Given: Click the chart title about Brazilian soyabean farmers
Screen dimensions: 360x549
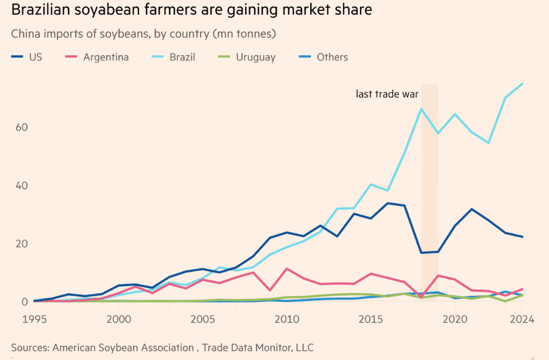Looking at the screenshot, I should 191,11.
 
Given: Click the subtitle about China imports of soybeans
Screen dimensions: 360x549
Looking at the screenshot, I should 143,33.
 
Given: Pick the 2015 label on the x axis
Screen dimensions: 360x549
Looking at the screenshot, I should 371,320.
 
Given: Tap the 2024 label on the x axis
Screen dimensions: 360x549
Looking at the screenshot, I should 521,320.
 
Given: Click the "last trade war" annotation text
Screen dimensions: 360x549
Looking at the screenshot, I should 387,94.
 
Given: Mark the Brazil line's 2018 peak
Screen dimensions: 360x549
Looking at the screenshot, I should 421,108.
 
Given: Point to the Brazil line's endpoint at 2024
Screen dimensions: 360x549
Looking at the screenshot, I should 522,84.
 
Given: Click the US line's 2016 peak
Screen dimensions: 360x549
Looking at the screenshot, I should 388,203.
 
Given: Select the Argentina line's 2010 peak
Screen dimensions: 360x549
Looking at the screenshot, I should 287,269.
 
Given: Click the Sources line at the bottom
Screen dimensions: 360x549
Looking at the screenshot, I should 162,347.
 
